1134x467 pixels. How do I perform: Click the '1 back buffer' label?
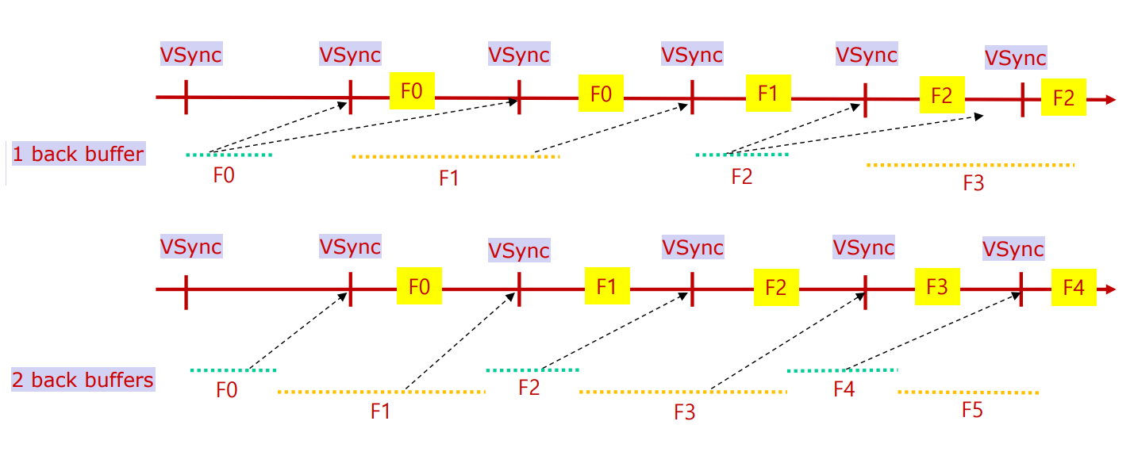point(78,154)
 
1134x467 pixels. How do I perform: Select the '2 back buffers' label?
point(83,380)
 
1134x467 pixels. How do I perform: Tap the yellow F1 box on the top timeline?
point(768,93)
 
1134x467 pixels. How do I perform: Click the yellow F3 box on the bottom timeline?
point(937,286)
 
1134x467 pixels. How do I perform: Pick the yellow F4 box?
point(1074,288)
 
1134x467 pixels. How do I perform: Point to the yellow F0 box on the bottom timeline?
point(419,286)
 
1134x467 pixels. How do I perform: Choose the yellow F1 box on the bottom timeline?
point(607,285)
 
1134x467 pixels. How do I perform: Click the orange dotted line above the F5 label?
point(967,392)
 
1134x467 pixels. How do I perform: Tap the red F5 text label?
point(972,411)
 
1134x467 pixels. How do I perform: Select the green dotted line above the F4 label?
point(842,370)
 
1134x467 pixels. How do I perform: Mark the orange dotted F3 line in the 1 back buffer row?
point(971,165)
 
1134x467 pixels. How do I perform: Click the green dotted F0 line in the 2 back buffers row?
point(233,370)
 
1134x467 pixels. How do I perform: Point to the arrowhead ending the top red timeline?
point(1110,100)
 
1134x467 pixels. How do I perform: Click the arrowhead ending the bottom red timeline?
point(1110,290)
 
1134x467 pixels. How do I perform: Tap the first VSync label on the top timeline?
point(190,55)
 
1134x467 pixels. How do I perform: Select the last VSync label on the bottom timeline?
point(1013,249)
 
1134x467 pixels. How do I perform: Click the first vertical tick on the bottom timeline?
point(186,291)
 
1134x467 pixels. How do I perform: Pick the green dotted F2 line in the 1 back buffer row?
point(742,155)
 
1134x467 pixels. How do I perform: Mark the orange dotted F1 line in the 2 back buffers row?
point(381,392)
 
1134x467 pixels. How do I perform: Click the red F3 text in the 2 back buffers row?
point(684,411)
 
